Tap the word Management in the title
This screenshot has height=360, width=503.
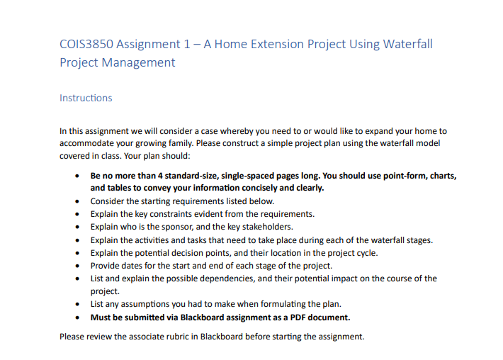pos(140,62)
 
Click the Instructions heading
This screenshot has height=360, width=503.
pos(86,98)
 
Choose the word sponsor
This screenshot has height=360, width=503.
pos(191,227)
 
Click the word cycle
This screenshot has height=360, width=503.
pos(363,252)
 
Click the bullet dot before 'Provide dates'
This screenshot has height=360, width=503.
pos(77,266)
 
